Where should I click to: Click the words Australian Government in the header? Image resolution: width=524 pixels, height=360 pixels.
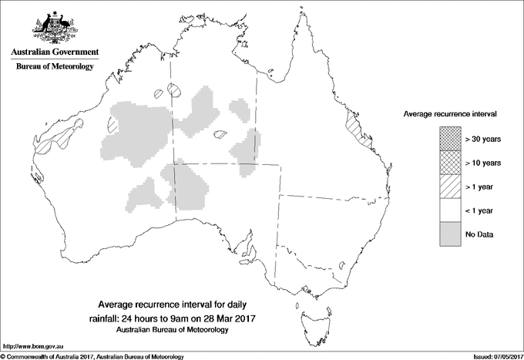[55, 52]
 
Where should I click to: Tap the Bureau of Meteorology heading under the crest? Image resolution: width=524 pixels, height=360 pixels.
[55, 67]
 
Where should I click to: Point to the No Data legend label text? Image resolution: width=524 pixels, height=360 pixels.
[479, 234]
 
